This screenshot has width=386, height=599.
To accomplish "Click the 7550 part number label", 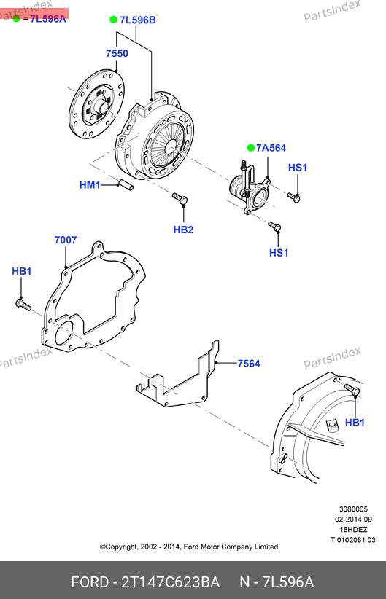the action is (117, 53).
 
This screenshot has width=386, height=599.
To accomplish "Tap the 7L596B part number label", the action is (138, 20).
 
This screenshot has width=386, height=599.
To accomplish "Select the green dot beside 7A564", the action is (251, 147).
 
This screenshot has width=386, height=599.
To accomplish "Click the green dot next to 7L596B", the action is (114, 20).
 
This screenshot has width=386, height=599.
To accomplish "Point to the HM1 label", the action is (90, 185).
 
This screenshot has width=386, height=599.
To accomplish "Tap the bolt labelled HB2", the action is (180, 198).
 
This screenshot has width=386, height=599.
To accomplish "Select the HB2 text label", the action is (183, 230).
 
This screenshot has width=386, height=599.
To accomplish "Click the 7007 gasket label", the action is (66, 240).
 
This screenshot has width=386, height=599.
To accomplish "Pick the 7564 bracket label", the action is (249, 364).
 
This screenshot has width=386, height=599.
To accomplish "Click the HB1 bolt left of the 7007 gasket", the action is (23, 305).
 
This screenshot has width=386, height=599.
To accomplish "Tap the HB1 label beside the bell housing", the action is (355, 423).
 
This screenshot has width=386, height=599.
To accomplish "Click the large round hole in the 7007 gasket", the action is (64, 333).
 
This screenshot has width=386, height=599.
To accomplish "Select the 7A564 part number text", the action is (271, 148).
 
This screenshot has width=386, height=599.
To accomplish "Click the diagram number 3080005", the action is (353, 509).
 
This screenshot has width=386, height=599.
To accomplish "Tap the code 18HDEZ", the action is (353, 530).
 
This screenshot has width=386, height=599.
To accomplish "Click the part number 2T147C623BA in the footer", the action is (170, 582).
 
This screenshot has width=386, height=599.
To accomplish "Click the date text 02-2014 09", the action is (353, 519).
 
